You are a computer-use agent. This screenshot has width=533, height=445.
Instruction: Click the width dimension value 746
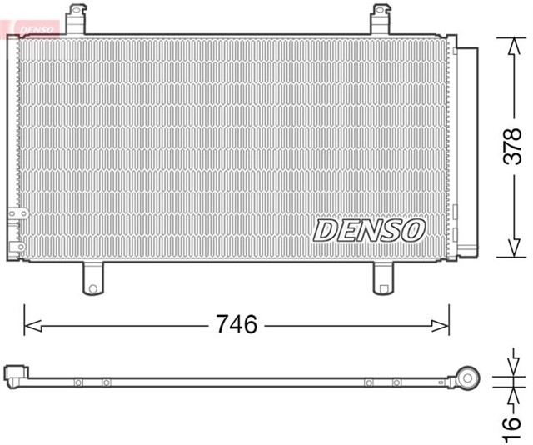[237, 323]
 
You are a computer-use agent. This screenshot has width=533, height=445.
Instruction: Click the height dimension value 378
[511, 147]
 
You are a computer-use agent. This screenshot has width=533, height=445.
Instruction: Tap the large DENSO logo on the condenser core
[370, 229]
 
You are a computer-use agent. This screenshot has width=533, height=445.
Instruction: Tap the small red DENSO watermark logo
[31, 28]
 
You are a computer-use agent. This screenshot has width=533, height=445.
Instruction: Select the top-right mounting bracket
[381, 18]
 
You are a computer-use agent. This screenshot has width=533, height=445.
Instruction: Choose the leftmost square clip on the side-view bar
[77, 382]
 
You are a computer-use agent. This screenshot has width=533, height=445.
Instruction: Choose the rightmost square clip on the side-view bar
[396, 382]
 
